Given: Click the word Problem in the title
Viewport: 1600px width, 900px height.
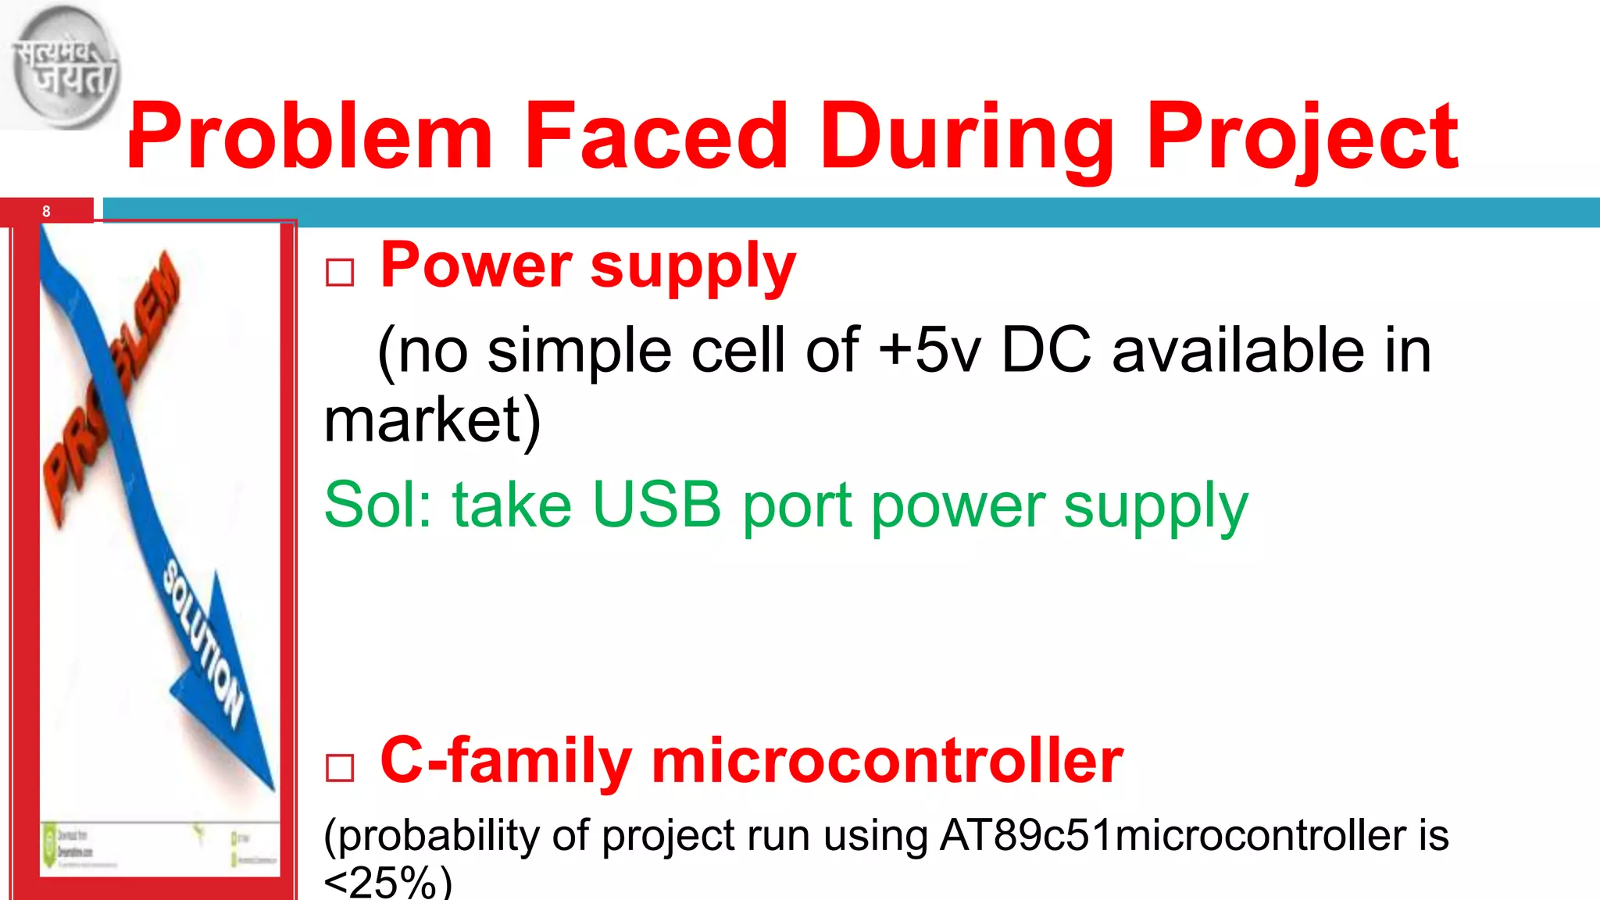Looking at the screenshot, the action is [x=309, y=137].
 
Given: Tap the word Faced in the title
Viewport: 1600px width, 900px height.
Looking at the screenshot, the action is [x=656, y=137].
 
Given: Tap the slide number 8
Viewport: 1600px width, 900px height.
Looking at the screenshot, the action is [x=46, y=212].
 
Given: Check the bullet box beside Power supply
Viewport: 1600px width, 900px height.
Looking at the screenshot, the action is [x=340, y=273].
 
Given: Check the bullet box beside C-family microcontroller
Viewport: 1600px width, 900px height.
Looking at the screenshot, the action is [x=340, y=767].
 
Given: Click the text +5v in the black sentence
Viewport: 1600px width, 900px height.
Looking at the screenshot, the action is [x=929, y=350].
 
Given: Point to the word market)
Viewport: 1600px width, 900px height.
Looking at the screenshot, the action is [x=432, y=420].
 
